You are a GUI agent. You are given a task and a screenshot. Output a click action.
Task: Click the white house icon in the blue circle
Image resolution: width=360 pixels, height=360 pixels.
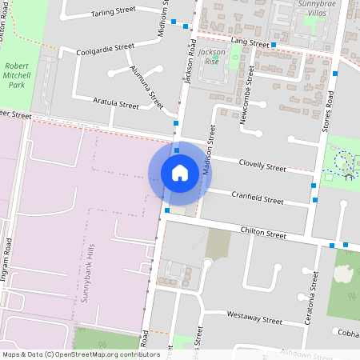point(180,172)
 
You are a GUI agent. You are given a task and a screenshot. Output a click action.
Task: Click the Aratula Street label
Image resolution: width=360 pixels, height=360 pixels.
point(116,104)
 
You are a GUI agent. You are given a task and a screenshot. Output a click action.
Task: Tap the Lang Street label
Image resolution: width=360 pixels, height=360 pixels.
point(249,41)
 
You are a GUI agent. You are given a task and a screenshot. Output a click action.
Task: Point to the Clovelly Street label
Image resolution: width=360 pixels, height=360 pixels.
point(263,165)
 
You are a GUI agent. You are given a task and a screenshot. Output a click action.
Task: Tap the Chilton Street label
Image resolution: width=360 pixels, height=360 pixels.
point(263,233)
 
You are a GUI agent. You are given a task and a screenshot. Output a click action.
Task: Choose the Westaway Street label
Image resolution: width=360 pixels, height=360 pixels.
point(254,318)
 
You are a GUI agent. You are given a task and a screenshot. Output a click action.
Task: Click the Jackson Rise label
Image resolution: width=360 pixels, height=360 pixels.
point(212,56)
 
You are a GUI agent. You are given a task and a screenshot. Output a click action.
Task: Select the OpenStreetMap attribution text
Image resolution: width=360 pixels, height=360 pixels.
point(81,354)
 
